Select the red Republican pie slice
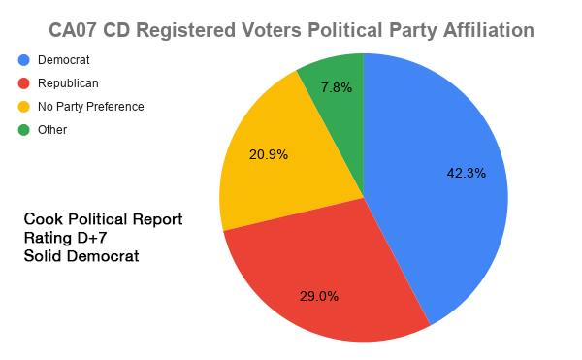click(x=320, y=272)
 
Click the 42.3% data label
click(x=466, y=174)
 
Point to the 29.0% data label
click(x=318, y=296)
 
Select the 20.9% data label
click(x=269, y=154)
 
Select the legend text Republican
click(x=68, y=83)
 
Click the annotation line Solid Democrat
click(x=81, y=257)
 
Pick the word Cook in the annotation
click(x=44, y=218)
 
